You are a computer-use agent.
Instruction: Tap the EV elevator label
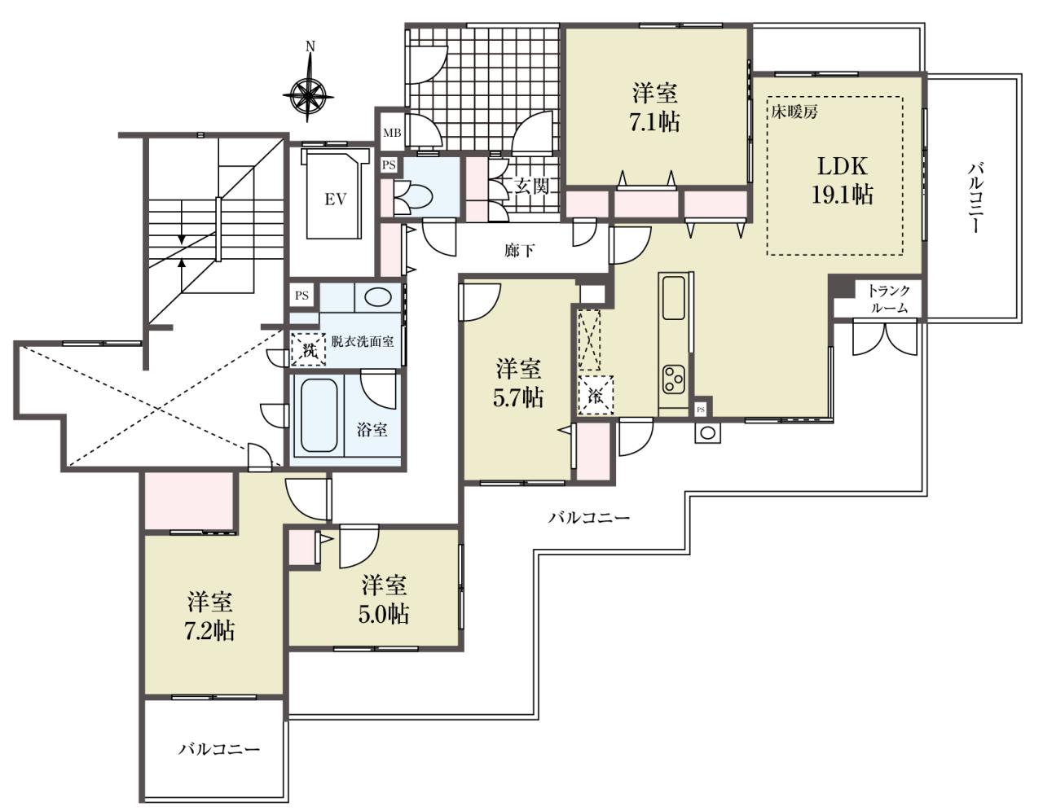click(x=335, y=199)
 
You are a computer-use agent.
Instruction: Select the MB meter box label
click(x=392, y=134)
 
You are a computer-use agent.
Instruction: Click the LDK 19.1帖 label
click(x=842, y=181)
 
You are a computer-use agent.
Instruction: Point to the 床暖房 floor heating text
click(x=794, y=112)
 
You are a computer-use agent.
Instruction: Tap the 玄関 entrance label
click(x=531, y=186)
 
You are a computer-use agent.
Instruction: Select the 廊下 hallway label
click(x=519, y=250)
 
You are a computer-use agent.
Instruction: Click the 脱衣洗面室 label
click(x=363, y=341)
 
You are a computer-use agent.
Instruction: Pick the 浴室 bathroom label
click(x=372, y=429)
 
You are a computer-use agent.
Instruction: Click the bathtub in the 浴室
click(x=319, y=415)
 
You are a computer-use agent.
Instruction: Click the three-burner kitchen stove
click(x=673, y=378)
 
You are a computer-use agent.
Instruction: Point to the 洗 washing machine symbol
click(x=309, y=350)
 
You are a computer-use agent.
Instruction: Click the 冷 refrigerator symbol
click(x=595, y=395)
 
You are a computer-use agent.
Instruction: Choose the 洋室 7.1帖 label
click(x=654, y=108)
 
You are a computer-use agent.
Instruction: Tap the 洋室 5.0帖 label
click(x=384, y=600)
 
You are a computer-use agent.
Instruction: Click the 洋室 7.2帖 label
click(x=210, y=617)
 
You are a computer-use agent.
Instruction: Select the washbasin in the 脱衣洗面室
click(x=378, y=297)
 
